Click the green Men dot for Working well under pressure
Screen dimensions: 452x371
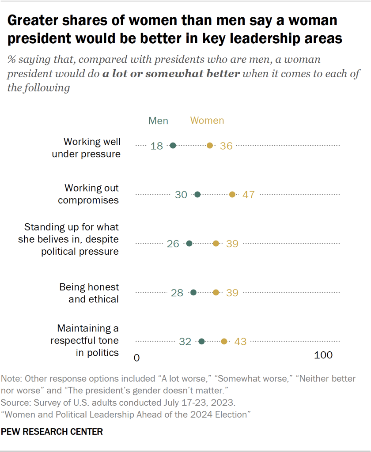pos(173,146)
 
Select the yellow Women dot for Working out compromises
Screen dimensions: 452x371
pos(232,195)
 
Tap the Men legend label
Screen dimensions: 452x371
pos(158,121)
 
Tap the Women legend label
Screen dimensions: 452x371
pos(207,121)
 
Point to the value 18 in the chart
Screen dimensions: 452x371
pos(157,146)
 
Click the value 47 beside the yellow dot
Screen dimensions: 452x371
pos(249,195)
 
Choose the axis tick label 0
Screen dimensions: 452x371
pos(137,357)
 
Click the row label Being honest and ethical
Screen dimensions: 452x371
pos(89,293)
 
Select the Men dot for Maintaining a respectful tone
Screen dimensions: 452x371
pos(202,341)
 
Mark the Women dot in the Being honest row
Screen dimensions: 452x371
pos(216,292)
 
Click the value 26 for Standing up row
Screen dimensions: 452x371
pos(173,244)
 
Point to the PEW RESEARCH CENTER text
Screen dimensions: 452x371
pos(52,432)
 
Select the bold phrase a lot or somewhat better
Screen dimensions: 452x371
pos(171,73)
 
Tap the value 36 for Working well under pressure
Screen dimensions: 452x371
pos(226,146)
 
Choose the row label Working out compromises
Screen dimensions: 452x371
pos(91,194)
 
